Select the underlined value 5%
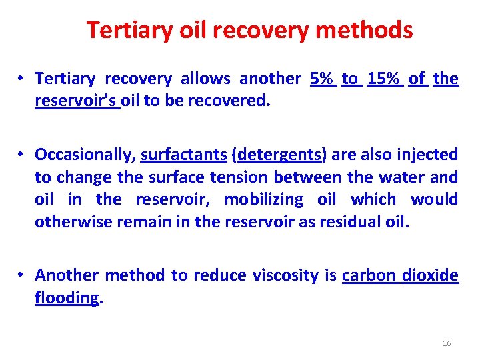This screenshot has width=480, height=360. tap(322, 79)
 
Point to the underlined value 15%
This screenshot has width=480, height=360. tap(384, 79)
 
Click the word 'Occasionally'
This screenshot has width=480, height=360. tap(85, 155)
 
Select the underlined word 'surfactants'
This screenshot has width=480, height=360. tap(183, 155)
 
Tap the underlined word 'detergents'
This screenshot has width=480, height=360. tap(279, 155)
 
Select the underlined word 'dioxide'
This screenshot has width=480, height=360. tap(430, 275)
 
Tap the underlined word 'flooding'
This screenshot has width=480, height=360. tap(67, 297)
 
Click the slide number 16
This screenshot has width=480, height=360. tap(447, 343)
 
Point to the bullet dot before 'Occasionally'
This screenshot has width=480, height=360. tap(22, 155)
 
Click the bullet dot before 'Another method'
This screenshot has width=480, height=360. tap(22, 275)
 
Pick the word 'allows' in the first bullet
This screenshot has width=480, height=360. tap(206, 79)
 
